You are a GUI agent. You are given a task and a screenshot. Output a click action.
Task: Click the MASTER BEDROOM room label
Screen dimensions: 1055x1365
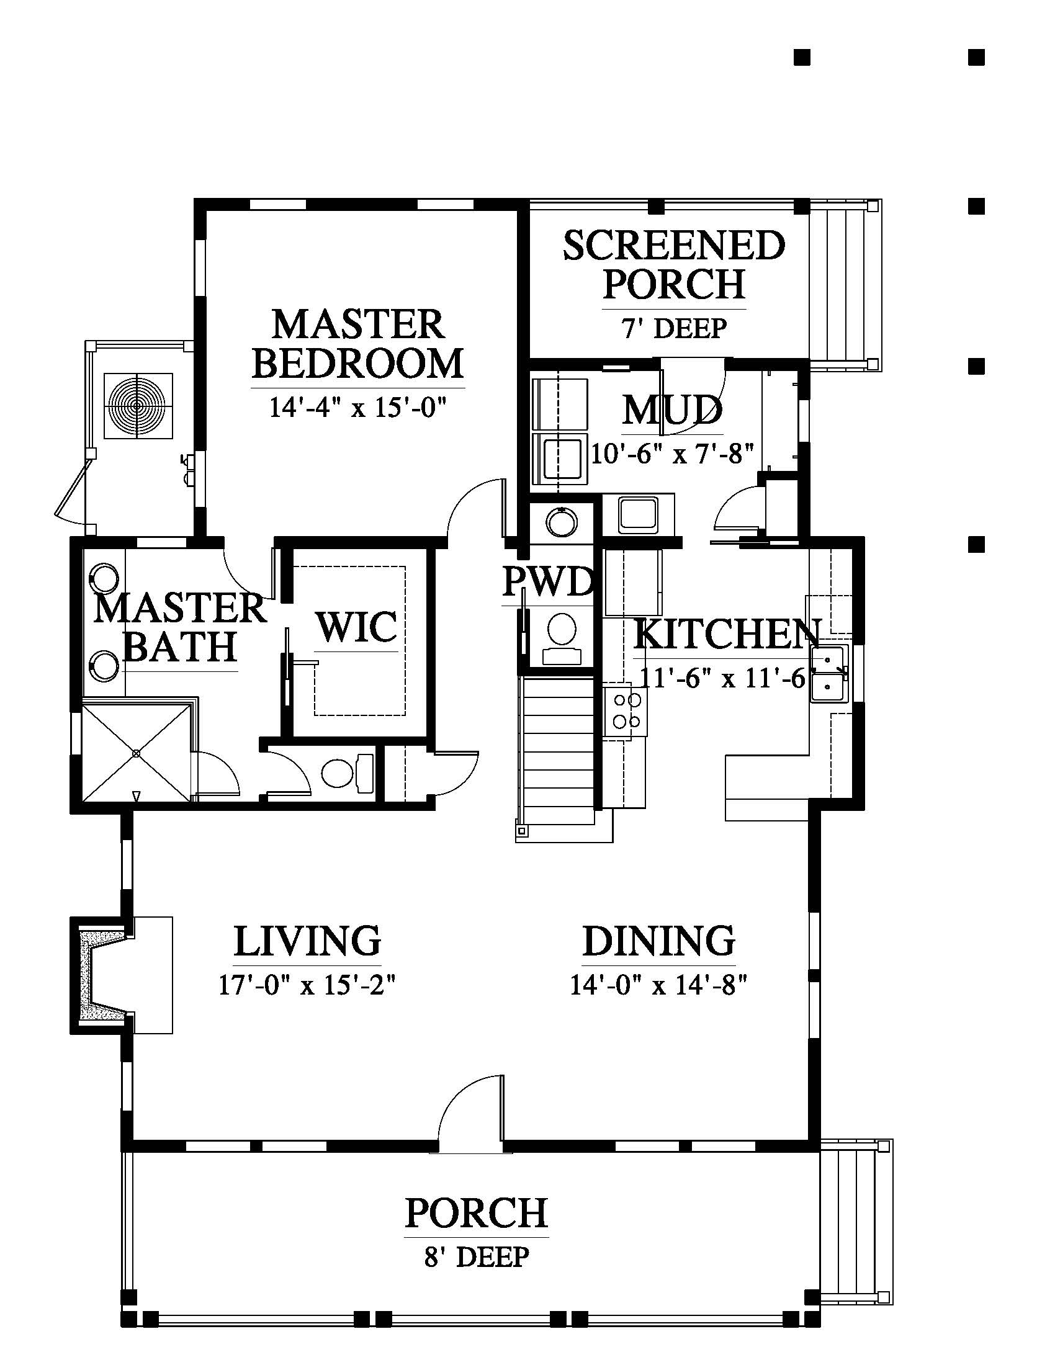[x=357, y=344]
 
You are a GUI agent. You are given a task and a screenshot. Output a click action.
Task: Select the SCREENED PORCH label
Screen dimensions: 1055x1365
[x=674, y=264]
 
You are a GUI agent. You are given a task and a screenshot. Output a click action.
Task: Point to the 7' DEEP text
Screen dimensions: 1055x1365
[x=674, y=328]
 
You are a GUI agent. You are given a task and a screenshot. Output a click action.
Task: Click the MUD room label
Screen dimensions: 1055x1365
[x=673, y=409]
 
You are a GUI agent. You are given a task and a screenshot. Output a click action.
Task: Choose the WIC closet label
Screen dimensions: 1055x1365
[x=357, y=627]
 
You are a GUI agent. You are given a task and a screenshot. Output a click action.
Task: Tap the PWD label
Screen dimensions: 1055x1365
[x=548, y=582]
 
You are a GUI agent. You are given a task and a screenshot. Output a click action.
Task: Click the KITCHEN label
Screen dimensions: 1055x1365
[x=727, y=634]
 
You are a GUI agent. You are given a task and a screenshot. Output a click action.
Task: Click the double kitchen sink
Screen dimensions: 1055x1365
[x=830, y=674]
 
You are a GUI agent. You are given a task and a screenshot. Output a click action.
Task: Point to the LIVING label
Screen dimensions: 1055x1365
[x=307, y=940]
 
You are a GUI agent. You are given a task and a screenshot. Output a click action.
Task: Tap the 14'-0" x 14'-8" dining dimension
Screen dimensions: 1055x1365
[x=658, y=986]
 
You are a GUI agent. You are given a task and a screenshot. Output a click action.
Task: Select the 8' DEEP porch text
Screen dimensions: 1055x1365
[x=477, y=1257]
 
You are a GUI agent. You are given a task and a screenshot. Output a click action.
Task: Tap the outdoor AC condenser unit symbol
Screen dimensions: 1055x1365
[x=138, y=407]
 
